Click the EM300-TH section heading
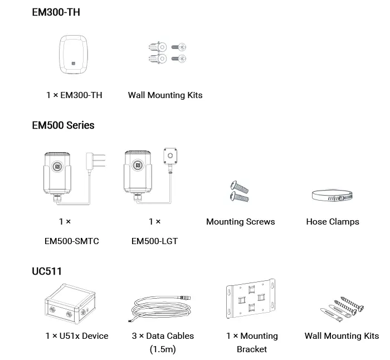pos(56,12)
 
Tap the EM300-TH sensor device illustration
pos(74,55)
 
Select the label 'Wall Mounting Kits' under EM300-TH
pos(165,95)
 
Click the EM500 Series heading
pos(63,125)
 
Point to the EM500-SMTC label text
pos(71,241)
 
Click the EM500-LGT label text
pos(154,241)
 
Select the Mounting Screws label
pos(240,222)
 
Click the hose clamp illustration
pos(333,196)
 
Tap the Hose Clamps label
pos(333,222)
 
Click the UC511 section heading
pos(47,271)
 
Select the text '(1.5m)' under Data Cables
pos(163,349)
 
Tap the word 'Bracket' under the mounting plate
pos(252,349)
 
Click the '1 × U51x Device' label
pos(77,336)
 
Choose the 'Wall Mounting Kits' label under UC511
pos(342,336)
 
